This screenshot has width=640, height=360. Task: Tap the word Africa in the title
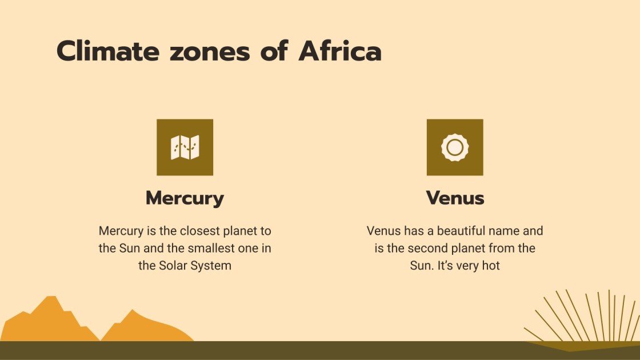pos(340,51)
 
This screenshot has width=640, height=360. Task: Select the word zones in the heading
pos(210,51)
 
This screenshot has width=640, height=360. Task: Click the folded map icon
pos(185,147)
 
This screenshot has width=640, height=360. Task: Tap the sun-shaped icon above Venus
pos(454,147)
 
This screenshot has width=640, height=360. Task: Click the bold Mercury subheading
pos(185,198)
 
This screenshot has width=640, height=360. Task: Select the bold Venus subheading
pos(455,198)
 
